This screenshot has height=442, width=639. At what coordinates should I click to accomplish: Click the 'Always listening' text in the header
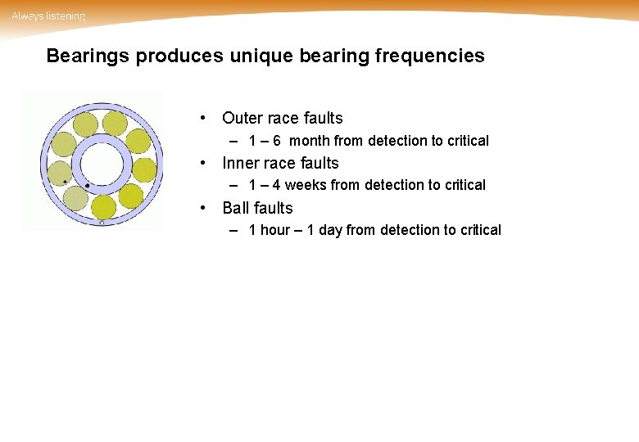48,16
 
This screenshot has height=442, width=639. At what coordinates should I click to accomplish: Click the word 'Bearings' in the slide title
88,56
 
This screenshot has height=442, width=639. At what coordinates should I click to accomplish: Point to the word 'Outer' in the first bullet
242,119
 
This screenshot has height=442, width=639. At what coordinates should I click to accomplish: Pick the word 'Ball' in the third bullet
235,209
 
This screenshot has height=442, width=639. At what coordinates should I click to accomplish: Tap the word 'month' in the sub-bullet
310,141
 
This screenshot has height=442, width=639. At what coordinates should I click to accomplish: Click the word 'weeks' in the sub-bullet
306,186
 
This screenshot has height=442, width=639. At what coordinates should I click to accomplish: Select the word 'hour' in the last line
275,231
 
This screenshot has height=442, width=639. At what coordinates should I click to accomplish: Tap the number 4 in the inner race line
277,186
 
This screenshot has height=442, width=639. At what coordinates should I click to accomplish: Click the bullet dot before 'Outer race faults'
211,119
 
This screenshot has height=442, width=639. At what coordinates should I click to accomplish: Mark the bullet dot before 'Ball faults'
211,209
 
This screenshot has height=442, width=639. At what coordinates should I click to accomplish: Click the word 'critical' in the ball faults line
479,231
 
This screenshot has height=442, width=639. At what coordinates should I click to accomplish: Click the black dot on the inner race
88,186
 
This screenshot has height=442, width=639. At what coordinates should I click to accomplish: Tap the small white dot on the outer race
101,223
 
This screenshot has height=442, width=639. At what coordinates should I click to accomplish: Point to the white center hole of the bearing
101,164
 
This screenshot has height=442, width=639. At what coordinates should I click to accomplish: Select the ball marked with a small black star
63,173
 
